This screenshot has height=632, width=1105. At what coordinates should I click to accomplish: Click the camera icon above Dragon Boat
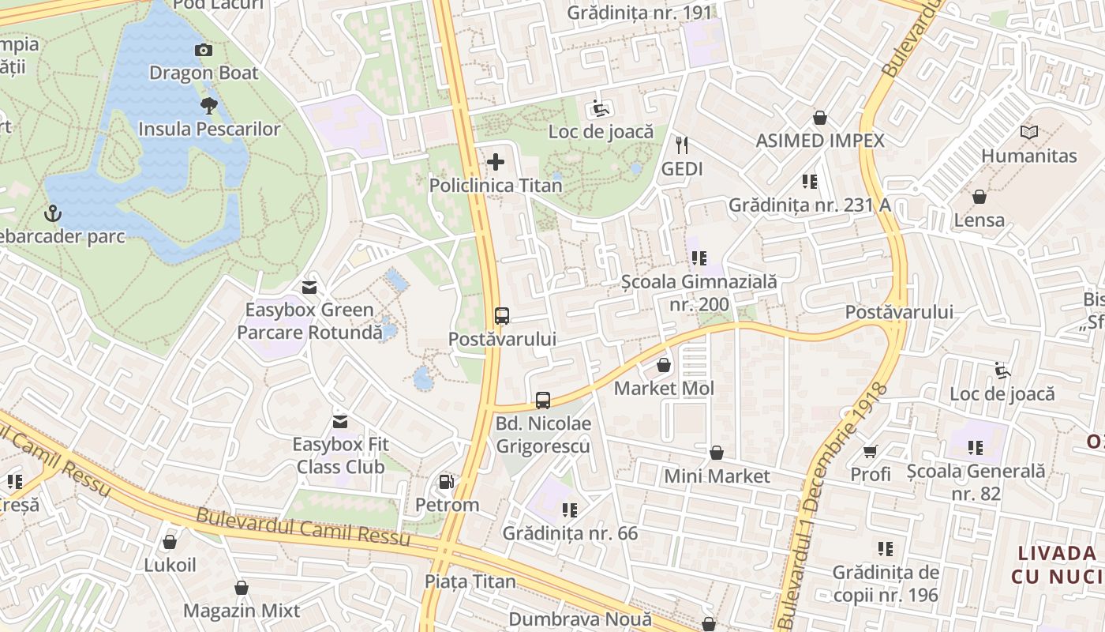coord(204,51)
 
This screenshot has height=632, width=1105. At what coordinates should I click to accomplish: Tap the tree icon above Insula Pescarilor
coord(209,105)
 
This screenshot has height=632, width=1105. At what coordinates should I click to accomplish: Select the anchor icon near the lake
coord(53,213)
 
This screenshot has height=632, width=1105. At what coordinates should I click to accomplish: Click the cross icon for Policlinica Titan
coord(496,163)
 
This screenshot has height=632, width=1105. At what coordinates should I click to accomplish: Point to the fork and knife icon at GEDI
coord(682,145)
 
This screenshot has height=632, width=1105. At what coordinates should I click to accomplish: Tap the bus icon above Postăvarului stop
coord(502,316)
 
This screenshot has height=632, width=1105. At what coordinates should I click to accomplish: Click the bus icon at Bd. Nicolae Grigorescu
coord(543,401)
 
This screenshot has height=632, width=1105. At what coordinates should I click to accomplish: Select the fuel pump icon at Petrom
coord(447,482)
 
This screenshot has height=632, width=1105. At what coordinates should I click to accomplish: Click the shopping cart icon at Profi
coord(871,452)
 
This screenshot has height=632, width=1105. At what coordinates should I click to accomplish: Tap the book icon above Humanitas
coord(1028,132)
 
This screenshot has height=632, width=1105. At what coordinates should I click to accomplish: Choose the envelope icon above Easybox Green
coord(309,287)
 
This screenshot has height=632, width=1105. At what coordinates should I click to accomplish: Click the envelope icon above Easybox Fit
coord(340,422)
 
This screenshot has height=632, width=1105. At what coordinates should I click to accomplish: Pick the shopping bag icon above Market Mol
coord(664,365)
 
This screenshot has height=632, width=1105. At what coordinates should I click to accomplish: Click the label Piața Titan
coord(470,582)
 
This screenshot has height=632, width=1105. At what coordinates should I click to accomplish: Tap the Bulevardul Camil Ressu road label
coord(303,527)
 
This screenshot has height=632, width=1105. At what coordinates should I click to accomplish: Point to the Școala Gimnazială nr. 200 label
coord(699,292)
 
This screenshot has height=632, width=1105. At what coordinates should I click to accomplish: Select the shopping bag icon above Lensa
coord(980,197)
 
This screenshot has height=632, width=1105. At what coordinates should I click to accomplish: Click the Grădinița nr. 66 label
coord(570,533)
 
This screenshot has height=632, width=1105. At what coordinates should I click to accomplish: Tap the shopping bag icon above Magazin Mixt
coord(242,588)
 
